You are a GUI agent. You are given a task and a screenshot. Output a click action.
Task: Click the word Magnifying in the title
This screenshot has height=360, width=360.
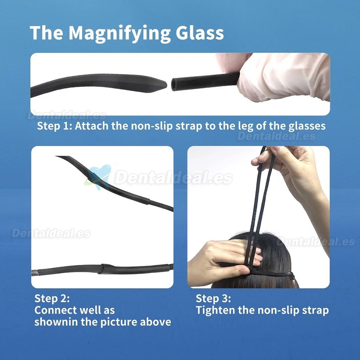(x=120, y=33)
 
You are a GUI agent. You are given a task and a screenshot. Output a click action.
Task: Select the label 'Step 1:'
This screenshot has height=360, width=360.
(x=54, y=126)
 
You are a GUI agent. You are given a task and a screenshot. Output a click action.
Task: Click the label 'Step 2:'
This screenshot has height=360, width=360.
(x=52, y=299)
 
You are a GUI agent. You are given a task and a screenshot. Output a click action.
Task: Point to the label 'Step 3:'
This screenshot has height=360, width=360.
(x=213, y=299)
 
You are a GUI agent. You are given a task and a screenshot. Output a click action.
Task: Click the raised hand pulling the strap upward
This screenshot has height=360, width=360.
(x=292, y=175)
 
